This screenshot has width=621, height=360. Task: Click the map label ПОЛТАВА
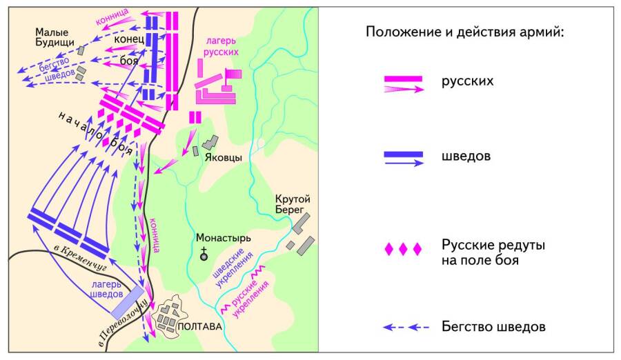tap(199, 327)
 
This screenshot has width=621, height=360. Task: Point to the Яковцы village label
tap(224, 157)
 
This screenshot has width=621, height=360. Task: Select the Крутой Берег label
tap(293, 204)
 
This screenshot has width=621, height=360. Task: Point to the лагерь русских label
tap(221, 46)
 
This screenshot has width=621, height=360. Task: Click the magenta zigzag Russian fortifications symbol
tap(256, 277)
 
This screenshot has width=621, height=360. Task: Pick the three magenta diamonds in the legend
tap(403, 250)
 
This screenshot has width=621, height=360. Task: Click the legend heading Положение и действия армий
tap(465, 32)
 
